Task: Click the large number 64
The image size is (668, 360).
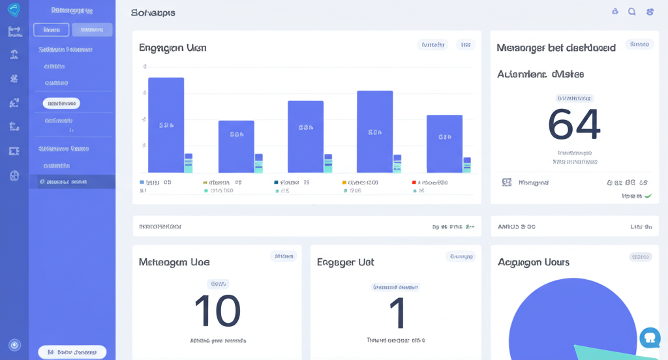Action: pos(574,125)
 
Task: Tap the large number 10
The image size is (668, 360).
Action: pos(218,311)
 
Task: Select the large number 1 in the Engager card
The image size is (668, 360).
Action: pos(397,313)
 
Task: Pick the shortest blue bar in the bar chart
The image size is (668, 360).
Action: pos(236,146)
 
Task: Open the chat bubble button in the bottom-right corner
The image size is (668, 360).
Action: pos(650,337)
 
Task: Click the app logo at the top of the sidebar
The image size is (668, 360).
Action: pos(14,10)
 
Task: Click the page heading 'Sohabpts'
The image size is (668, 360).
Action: pos(153,12)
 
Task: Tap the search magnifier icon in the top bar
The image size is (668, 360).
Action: pos(631,12)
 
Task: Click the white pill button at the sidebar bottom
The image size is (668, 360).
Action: pos(72,352)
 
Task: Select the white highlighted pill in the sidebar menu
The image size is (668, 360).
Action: pos(61,103)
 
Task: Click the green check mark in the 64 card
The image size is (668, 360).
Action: pos(648,196)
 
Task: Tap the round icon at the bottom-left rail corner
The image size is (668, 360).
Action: pos(14,345)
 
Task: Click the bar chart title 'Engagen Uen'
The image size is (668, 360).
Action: pos(172,48)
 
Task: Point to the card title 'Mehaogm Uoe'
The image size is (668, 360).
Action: pos(174,262)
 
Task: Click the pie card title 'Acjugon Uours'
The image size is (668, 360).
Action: pos(534,262)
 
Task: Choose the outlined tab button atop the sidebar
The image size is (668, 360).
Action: pos(51,29)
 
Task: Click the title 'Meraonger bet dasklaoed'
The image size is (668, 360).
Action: pos(556,48)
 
